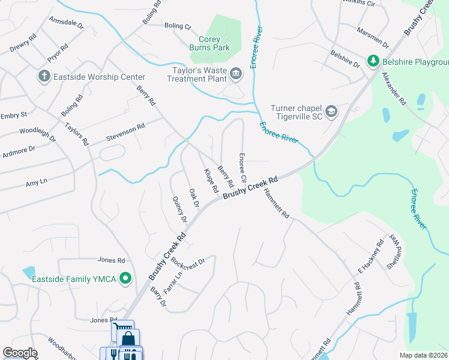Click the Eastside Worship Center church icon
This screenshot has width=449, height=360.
coord(43,76)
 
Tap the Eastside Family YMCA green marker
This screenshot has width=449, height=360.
coord(125,278)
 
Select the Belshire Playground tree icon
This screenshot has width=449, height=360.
coord(373,61)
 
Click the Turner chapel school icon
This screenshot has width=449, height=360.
coord(331,111)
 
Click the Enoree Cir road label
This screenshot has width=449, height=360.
coord(243,167)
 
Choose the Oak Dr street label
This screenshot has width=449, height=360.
coord(194,198)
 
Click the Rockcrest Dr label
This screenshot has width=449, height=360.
coord(188,262)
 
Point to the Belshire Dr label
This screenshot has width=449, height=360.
coord(345,59)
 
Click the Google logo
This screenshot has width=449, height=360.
coord(20,353)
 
